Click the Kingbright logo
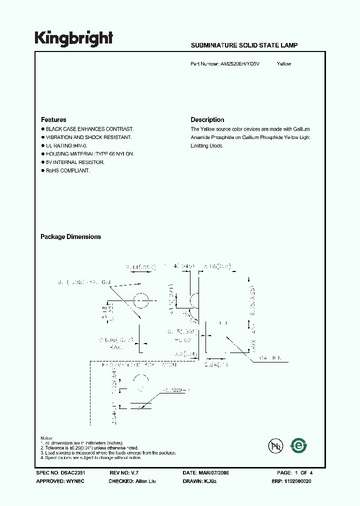[x=73, y=38]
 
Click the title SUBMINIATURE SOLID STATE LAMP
[x=244, y=45]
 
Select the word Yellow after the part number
[x=284, y=64]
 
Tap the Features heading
[x=53, y=120]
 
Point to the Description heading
[x=207, y=120]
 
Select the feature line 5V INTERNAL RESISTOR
[x=75, y=162]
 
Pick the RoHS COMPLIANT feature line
[x=67, y=171]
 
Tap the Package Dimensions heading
[x=70, y=237]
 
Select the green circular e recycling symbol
[x=299, y=444]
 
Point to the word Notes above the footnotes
[x=47, y=438]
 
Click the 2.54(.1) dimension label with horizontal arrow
[x=216, y=365]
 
